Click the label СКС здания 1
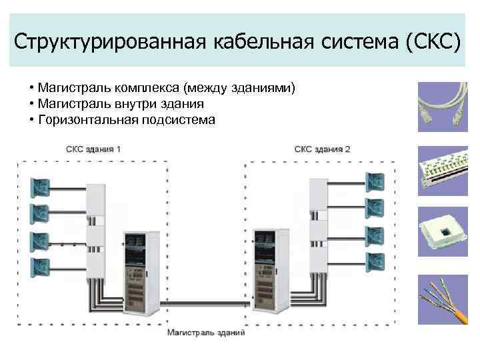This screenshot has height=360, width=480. coord(94,149)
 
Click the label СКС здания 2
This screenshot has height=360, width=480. coord(323,149)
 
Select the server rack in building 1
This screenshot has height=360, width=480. coord(141,273)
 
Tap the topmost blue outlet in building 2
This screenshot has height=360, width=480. coord(374,180)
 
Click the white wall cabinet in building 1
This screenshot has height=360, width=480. coord(97,227)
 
